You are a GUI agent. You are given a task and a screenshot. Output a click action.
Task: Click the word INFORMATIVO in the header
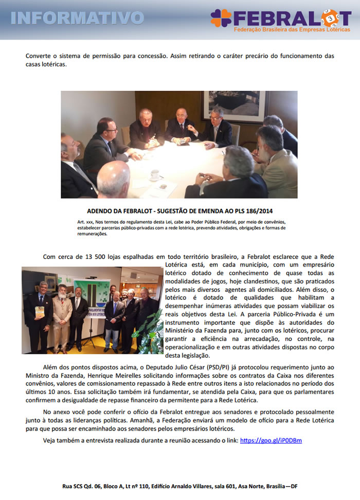[77, 17]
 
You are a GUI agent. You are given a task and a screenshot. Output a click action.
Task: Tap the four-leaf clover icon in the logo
[222, 18]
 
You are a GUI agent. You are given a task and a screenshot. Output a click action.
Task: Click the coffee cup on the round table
[155, 175]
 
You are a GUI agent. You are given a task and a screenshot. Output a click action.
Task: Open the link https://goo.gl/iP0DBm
[271, 440]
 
